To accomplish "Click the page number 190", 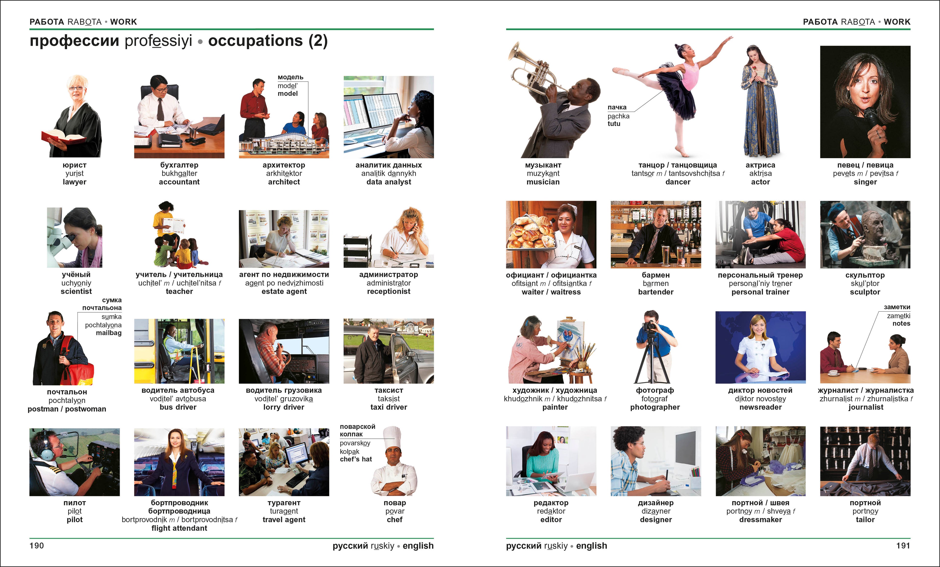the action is [x=37, y=546].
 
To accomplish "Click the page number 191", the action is [x=903, y=546].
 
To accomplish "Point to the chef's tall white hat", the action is [x=392, y=437].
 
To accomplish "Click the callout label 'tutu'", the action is [x=614, y=124].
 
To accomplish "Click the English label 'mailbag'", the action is [x=109, y=333].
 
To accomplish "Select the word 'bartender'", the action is [x=656, y=292].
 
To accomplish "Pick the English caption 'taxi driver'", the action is [x=389, y=407].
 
